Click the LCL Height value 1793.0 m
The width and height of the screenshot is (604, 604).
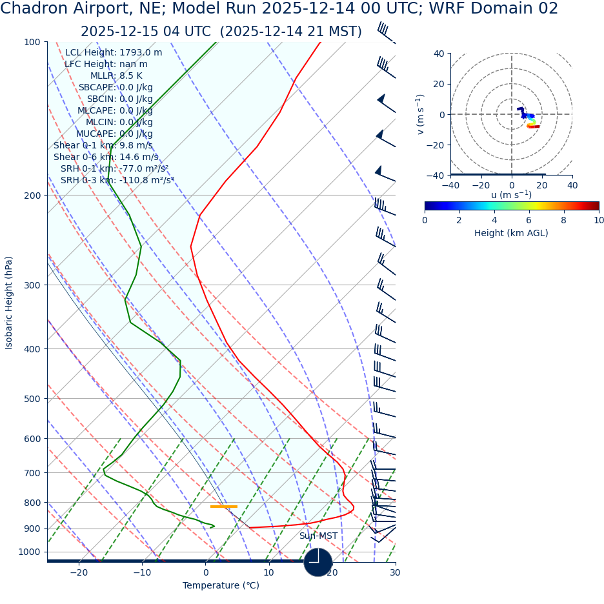coord(141,53)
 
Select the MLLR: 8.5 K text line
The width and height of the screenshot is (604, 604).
coord(116,76)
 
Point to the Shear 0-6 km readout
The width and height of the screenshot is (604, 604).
coord(106,157)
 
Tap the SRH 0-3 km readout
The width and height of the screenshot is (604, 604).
coord(117,181)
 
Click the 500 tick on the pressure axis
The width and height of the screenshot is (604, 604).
coord(32,399)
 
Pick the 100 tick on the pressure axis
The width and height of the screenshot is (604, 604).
coord(32,43)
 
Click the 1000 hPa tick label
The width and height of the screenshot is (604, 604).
coord(29,552)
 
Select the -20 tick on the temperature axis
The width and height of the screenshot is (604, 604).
coord(78,572)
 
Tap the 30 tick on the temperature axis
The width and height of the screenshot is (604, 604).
coord(395,572)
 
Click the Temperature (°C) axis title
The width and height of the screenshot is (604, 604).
coord(221,586)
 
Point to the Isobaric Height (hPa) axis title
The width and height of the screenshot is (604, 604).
coord(9,303)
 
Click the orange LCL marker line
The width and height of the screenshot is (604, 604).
coord(223,507)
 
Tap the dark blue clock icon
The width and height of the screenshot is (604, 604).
coord(318,562)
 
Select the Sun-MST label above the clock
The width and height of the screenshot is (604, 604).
coord(318,536)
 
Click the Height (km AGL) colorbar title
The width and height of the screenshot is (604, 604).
coord(511,234)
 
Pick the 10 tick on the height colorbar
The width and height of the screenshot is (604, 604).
coord(599,221)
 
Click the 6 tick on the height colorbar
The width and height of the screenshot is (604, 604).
coord(529,221)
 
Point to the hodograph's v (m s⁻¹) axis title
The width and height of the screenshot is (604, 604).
coord(421,114)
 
